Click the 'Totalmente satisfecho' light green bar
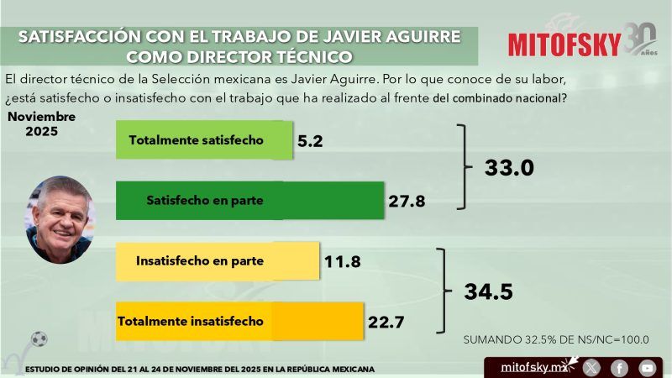click(204, 139)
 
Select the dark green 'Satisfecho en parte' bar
click(249, 201)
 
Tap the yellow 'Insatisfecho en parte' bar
click(218, 260)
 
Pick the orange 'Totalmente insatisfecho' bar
click(239, 321)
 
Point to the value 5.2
click(310, 141)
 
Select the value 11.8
click(342, 262)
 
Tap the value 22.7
click(386, 322)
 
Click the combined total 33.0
click(509, 168)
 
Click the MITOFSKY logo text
click(564, 44)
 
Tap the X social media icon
click(592, 367)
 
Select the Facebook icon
click(619, 367)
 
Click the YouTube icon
click(647, 367)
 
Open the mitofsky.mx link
click(531, 367)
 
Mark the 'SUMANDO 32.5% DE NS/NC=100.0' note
click(556, 340)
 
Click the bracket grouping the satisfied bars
click(463, 166)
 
